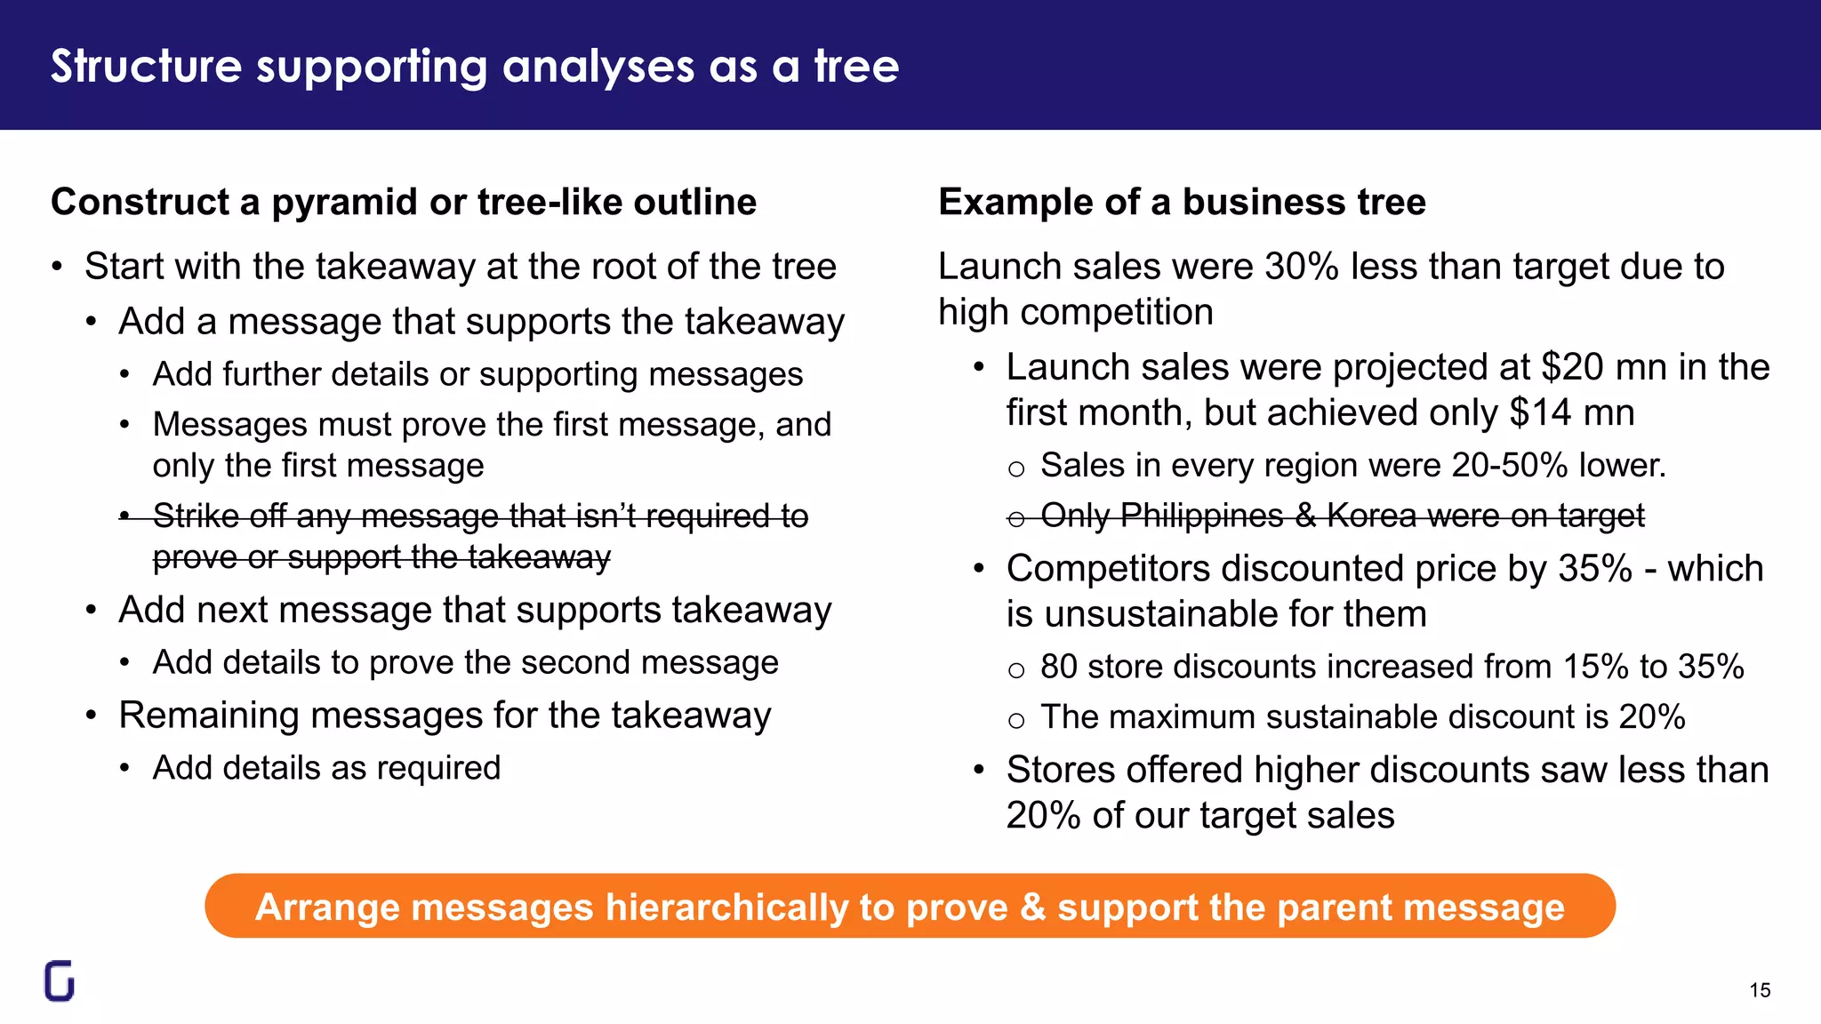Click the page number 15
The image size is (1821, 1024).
(x=1760, y=990)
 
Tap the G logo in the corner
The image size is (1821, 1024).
(x=60, y=980)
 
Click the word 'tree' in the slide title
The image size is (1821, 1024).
(x=856, y=66)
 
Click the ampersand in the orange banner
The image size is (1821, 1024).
(x=1032, y=908)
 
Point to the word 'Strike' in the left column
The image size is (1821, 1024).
(x=193, y=516)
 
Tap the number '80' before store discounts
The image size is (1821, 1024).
(x=1058, y=667)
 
